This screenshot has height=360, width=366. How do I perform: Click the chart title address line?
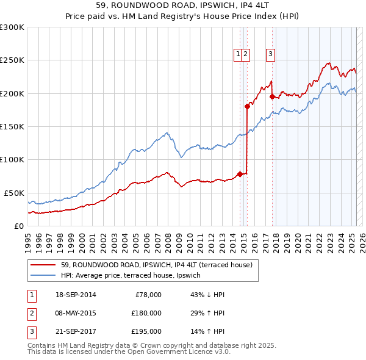coord(183,5)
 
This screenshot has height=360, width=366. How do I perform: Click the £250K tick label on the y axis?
coord(12,60)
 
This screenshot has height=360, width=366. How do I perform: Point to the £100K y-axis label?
coord(12,159)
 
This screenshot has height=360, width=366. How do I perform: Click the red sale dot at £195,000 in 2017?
coord(271,96)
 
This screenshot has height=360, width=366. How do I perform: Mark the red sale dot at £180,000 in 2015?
coord(247,106)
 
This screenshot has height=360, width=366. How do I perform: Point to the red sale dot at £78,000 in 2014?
coord(240,174)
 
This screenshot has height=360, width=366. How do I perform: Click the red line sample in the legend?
coord(42,265)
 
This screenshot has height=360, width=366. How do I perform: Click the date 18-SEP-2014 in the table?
coord(75,295)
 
